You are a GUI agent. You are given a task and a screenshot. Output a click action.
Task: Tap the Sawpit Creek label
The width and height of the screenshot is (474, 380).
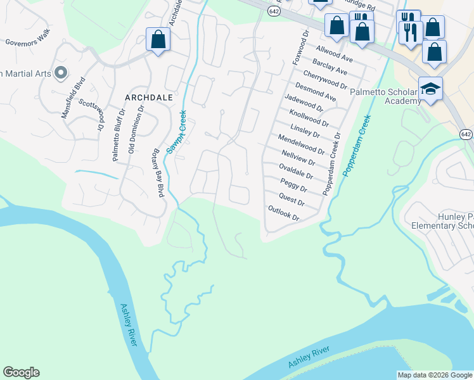(x=177, y=131)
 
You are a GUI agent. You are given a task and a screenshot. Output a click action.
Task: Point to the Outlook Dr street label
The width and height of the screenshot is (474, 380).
(x=283, y=213)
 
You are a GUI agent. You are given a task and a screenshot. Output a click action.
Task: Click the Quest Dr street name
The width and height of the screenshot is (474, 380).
(x=292, y=201)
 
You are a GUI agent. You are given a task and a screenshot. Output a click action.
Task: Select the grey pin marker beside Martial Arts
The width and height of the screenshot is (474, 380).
(x=61, y=73)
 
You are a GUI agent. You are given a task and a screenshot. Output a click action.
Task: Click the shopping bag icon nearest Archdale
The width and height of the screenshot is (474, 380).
(x=158, y=40)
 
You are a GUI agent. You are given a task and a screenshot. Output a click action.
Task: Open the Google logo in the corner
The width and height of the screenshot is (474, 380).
(x=21, y=372)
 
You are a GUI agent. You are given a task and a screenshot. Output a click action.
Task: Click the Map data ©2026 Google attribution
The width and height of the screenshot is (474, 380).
(x=434, y=374)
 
